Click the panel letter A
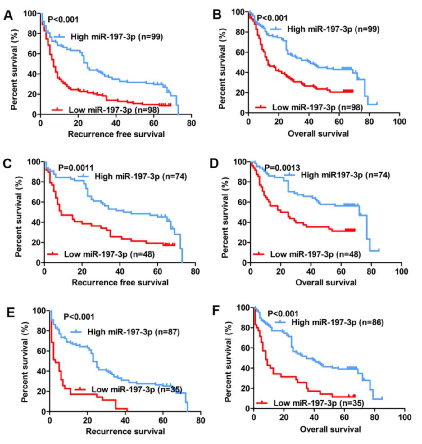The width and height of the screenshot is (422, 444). (8, 15)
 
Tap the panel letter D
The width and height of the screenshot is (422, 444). (215, 163)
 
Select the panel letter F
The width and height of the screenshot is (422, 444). (216, 311)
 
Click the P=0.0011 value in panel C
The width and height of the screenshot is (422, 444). (76, 168)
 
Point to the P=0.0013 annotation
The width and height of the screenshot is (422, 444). (282, 168)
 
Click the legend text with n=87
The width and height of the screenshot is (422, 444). (134, 332)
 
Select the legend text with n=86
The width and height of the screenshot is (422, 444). (338, 322)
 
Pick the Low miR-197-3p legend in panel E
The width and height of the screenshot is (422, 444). (137, 389)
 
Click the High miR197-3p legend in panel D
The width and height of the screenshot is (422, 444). (345, 175)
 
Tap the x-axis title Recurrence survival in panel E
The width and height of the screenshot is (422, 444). (125, 431)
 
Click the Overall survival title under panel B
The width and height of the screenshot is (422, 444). (318, 134)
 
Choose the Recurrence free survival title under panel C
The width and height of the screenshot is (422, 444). (120, 282)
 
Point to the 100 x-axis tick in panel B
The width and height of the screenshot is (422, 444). (399, 122)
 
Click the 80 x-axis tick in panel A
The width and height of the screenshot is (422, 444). (191, 123)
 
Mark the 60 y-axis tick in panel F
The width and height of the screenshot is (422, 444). (245, 348)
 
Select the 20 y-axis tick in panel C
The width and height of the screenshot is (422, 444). (36, 242)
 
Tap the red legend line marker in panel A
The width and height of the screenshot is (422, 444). (57, 109)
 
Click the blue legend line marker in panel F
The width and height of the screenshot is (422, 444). (281, 322)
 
